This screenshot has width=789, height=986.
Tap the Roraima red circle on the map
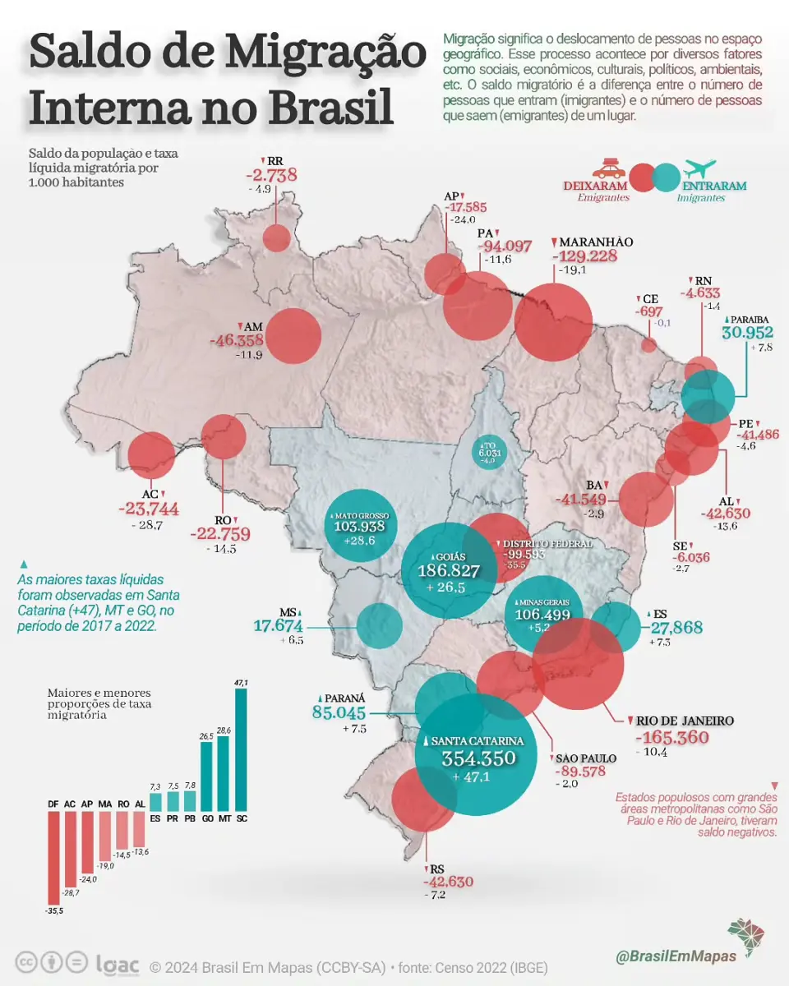click(x=276, y=238)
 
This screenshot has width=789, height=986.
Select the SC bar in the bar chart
click(x=242, y=749)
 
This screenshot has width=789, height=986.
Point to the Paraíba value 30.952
click(x=747, y=332)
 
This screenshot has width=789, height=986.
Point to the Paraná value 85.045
click(x=339, y=712)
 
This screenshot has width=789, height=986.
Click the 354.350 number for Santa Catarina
click(x=479, y=758)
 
